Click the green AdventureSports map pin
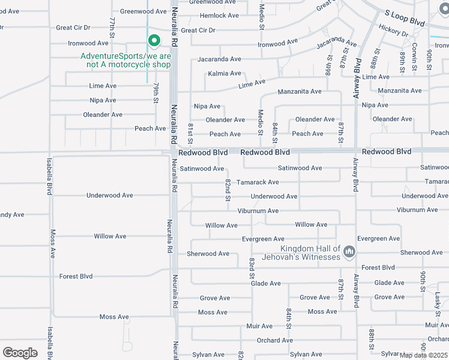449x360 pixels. pos(154,41)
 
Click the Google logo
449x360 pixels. pos(20,353)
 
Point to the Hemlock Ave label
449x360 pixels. pos(219,16)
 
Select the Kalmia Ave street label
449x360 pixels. pos(224,74)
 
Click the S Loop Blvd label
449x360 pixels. pos(405,21)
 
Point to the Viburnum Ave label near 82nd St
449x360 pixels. pos(258,211)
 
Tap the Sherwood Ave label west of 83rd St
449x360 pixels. pos(208,254)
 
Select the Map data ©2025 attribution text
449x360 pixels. pos(424,355)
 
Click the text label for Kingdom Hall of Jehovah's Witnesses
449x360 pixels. pos(310,253)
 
